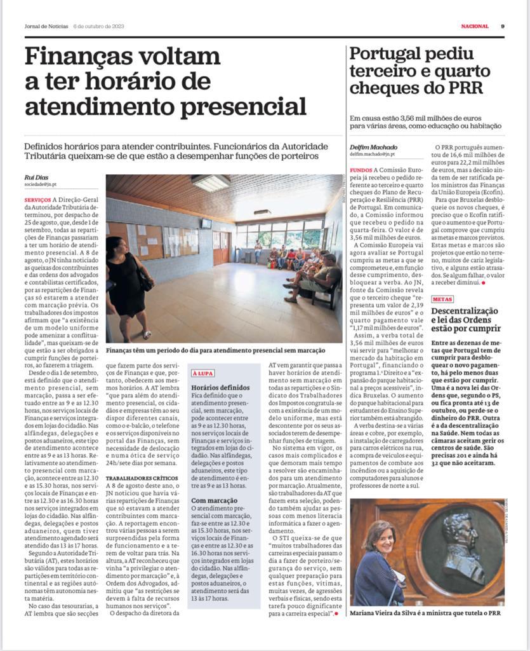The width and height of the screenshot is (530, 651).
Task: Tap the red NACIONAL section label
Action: click(x=475, y=26)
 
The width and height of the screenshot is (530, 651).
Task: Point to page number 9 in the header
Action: click(x=502, y=26)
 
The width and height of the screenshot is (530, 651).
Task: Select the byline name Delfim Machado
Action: click(x=374, y=147)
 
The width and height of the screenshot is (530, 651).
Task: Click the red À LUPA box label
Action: click(x=202, y=374)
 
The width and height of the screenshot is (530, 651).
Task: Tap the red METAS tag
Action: click(x=442, y=299)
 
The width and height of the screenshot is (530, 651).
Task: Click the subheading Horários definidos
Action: click(x=220, y=387)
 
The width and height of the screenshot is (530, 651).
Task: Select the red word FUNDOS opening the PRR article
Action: click(x=361, y=170)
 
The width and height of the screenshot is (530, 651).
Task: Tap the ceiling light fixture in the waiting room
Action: click(x=211, y=182)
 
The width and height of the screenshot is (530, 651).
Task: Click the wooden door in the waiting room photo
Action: click(x=222, y=247)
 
